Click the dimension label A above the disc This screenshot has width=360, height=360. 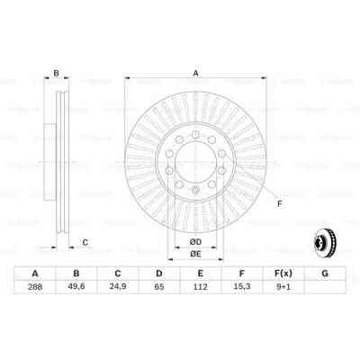195,75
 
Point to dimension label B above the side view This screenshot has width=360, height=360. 56,75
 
